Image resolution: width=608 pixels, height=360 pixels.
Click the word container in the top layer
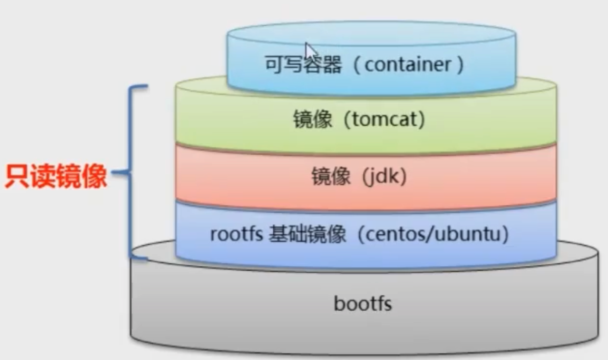(x=408, y=64)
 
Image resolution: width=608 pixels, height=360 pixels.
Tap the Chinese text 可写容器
(x=303, y=64)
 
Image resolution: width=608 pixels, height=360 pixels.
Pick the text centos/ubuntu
(x=434, y=235)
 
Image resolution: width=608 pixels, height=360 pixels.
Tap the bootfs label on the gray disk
(x=363, y=304)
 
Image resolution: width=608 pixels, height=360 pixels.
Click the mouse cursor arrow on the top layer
(x=310, y=49)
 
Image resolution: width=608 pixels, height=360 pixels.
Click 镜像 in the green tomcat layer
(x=313, y=120)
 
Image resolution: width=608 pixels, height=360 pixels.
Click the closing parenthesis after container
(x=460, y=65)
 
